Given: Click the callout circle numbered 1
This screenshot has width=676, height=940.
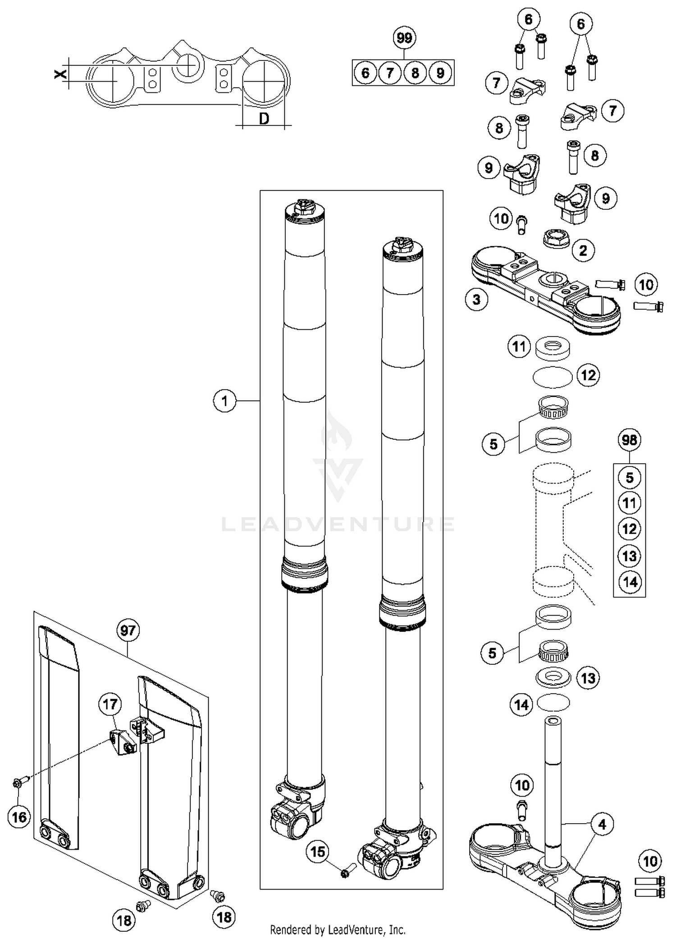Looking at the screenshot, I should coord(224,401).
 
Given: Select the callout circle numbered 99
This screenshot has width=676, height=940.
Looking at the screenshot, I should coord(404,38).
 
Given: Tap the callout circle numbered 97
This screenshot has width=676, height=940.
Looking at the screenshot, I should coord(128,630).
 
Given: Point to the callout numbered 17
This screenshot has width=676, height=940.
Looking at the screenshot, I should coord(110,704).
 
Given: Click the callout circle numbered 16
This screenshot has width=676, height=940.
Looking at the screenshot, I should coord(19,817).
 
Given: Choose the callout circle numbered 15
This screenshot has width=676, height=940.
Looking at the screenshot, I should coord(318,852).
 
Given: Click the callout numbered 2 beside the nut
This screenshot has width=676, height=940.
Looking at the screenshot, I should coord(583,250).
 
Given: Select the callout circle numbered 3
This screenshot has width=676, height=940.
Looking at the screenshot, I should coord(477,300).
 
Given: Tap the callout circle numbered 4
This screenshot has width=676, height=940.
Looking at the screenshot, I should coord(602,825).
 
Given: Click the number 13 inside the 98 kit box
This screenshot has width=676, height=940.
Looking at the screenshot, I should coord(629,556).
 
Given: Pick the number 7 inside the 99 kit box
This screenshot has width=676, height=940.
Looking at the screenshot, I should coord(390,73).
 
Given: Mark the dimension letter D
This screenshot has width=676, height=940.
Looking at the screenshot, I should coord(264,119).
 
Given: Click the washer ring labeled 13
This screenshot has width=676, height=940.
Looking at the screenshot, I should coord(553,678).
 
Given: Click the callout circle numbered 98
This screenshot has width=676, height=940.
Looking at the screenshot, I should coord(629,440).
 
